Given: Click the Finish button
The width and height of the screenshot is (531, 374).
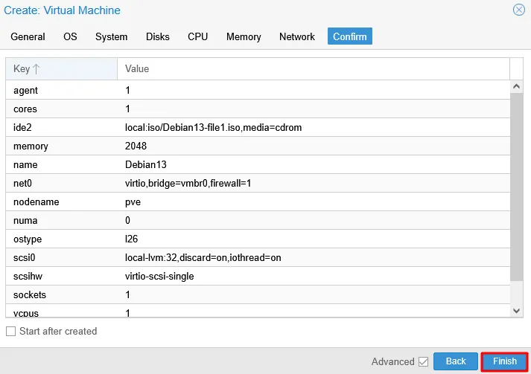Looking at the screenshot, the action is [504, 361].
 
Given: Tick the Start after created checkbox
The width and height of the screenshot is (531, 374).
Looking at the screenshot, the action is [11, 332].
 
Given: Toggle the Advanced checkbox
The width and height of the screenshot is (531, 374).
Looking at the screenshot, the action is [423, 362].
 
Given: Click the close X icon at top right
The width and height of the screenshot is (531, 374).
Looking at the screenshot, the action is [519, 10].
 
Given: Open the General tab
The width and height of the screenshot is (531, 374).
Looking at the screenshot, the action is [28, 36].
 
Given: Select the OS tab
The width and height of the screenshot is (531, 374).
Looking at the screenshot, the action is [70, 36].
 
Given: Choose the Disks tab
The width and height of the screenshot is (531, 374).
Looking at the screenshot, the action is [157, 36].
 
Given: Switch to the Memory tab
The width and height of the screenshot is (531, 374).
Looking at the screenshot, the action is [244, 36].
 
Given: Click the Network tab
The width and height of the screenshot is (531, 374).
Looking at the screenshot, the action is [297, 36].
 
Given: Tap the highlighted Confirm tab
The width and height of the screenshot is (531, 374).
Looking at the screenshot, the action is [350, 36].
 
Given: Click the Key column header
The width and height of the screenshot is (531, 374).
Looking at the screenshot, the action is [61, 69].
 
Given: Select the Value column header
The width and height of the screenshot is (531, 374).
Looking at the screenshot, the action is [314, 69].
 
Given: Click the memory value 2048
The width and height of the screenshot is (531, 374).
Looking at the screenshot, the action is [136, 146].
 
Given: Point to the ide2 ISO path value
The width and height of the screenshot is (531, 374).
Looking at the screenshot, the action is [213, 127].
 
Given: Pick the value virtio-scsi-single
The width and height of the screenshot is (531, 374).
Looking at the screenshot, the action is [159, 277].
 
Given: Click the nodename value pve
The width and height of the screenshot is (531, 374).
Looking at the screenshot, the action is [133, 202].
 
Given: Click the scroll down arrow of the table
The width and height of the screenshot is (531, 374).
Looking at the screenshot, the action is [516, 311].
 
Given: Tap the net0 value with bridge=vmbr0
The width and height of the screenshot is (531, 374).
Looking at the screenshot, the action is [188, 183].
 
